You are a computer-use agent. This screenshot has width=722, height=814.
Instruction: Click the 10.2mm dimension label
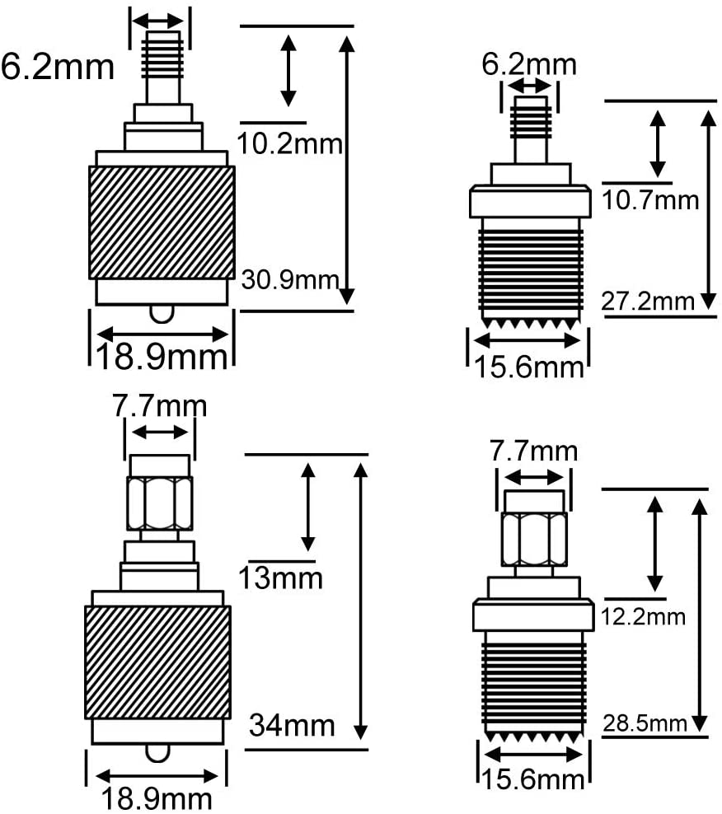point(290,143)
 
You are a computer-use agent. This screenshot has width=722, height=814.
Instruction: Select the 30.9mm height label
point(290,280)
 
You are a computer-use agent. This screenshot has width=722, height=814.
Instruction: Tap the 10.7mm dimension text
point(650,200)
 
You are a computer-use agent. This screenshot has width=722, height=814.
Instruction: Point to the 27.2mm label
point(648,301)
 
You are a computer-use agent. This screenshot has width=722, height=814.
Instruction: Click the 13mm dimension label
point(280,578)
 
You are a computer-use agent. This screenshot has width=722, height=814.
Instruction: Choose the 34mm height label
point(292,725)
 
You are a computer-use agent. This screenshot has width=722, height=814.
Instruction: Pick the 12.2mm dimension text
point(643,617)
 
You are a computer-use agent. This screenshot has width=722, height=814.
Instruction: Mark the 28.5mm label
point(645,723)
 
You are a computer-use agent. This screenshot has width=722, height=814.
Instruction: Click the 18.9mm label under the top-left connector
point(162,358)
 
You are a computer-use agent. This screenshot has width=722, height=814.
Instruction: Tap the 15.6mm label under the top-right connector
point(529,367)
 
